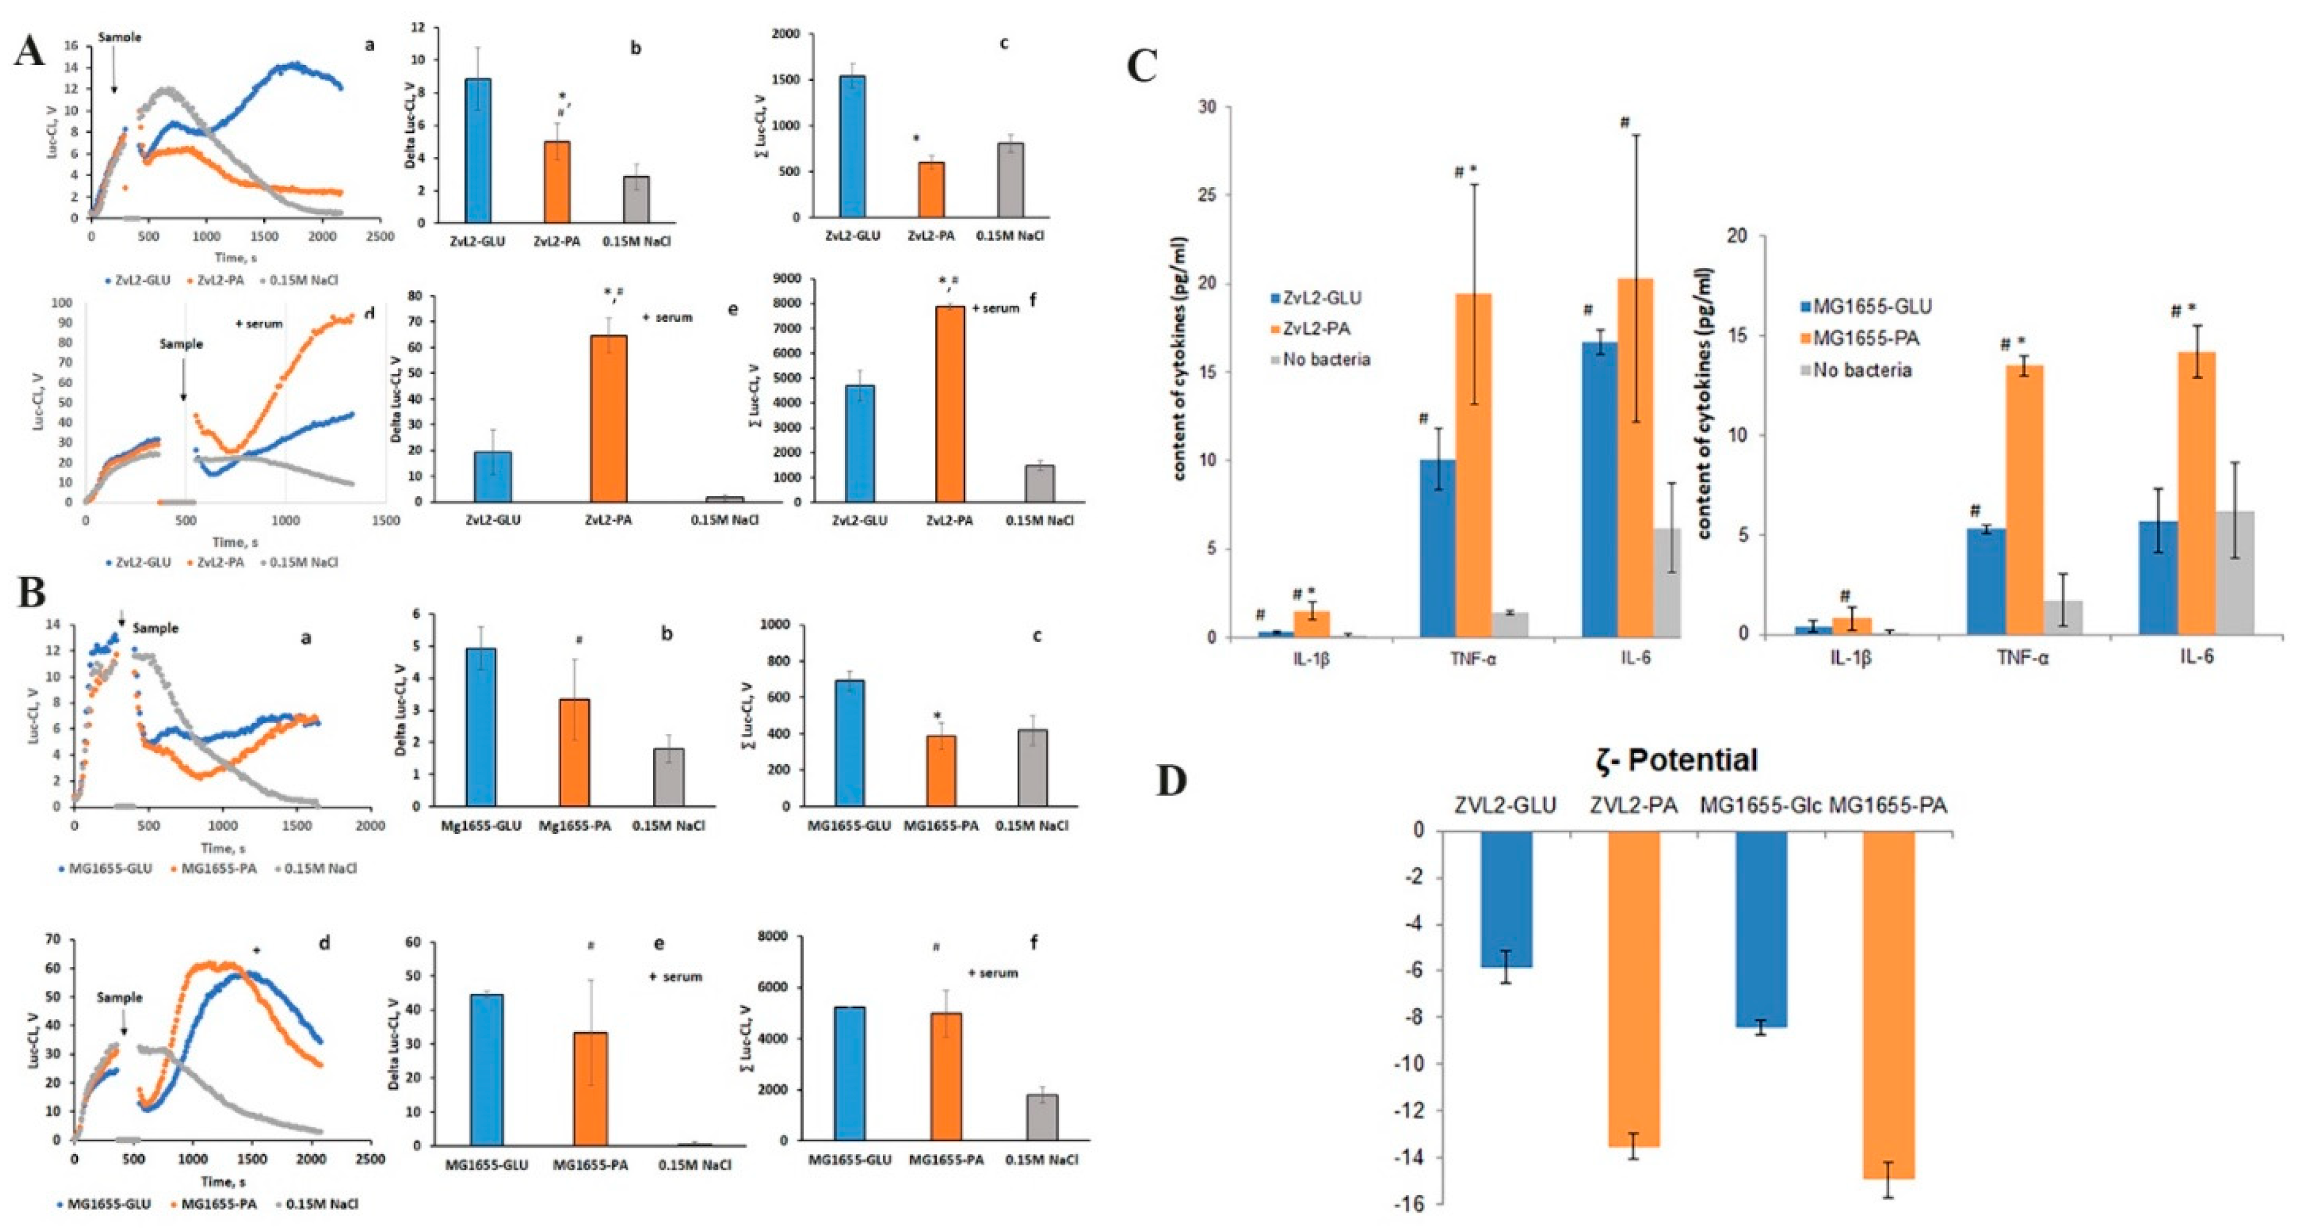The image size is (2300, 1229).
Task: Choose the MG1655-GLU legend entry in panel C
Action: (1864, 307)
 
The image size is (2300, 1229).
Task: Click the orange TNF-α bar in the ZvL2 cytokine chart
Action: (1473, 465)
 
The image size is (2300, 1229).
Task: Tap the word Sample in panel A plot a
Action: (120, 38)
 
